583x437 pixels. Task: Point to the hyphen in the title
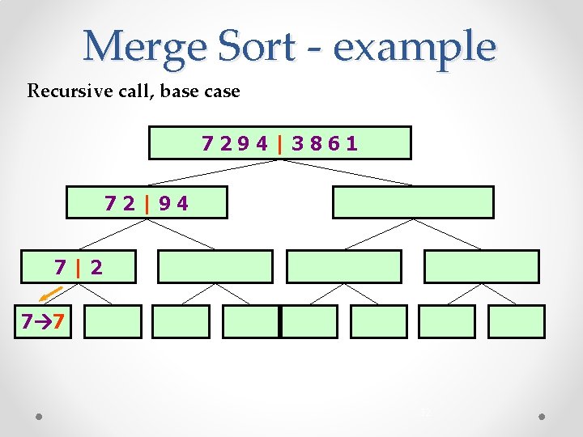(321, 49)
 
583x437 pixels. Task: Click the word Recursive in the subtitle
(66, 91)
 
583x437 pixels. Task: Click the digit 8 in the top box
(315, 144)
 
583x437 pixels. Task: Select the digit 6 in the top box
(334, 144)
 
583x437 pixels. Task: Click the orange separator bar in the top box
(279, 144)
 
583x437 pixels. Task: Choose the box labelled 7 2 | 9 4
(147, 203)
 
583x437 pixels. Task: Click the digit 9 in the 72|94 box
(164, 203)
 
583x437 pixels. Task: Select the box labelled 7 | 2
(79, 266)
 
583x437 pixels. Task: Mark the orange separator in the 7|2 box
(79, 266)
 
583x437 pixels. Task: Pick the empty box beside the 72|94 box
(413, 203)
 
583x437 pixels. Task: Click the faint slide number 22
(426, 413)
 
